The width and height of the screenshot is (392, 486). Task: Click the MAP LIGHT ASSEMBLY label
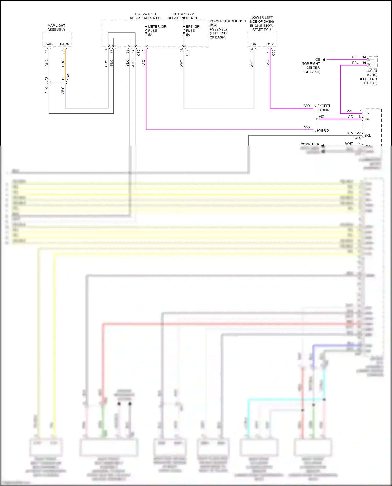point(56,27)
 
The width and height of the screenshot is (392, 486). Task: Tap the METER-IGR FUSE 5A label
point(157,31)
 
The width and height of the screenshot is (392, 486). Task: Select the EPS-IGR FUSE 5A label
point(192,31)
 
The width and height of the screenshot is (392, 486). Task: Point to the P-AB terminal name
point(49,44)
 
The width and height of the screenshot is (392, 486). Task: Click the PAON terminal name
point(65,44)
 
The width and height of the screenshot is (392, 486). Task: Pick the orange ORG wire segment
point(65,65)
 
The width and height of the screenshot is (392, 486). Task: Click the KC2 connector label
point(68,77)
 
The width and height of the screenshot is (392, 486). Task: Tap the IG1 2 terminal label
point(269,44)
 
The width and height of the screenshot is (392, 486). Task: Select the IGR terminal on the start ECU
point(253,44)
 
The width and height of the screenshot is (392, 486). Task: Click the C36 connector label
point(273,53)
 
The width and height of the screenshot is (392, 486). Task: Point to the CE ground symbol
point(323,60)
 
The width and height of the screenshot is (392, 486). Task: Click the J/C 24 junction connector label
point(372,71)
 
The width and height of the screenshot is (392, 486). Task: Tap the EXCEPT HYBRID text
point(324,108)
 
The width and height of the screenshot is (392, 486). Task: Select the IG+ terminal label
point(367,119)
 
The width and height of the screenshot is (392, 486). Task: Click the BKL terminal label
point(367,135)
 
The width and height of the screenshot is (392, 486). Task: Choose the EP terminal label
point(367,114)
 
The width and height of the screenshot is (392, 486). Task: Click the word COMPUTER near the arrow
point(310,144)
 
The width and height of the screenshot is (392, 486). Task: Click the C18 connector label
point(357,138)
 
